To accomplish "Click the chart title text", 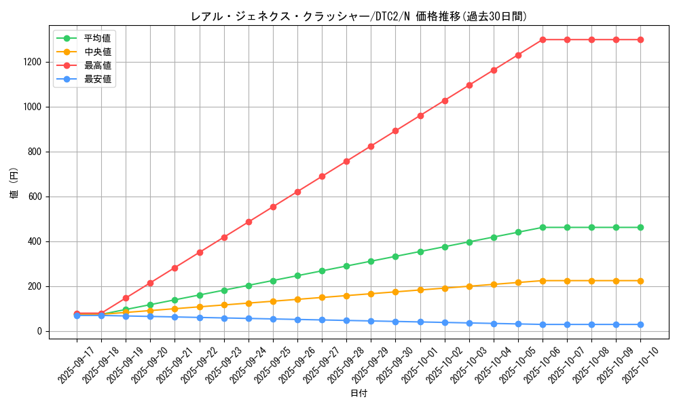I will tap(358, 16).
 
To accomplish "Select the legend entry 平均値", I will tap(97, 38).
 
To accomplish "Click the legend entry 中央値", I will tap(97, 52).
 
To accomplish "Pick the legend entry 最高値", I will tap(97, 65).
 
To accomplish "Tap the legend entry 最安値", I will tap(97, 80).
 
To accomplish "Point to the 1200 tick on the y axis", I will tap(34, 62).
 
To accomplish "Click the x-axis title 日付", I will tap(359, 394).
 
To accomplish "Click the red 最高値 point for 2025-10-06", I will tap(543, 39).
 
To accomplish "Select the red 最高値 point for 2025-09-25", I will tap(273, 207).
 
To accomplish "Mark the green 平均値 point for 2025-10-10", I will tap(640, 227).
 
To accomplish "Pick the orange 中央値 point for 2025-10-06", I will tap(543, 281).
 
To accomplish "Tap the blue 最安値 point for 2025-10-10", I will tap(640, 324).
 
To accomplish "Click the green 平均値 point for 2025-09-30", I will tap(395, 256).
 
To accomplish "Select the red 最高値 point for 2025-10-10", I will tap(640, 39).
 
